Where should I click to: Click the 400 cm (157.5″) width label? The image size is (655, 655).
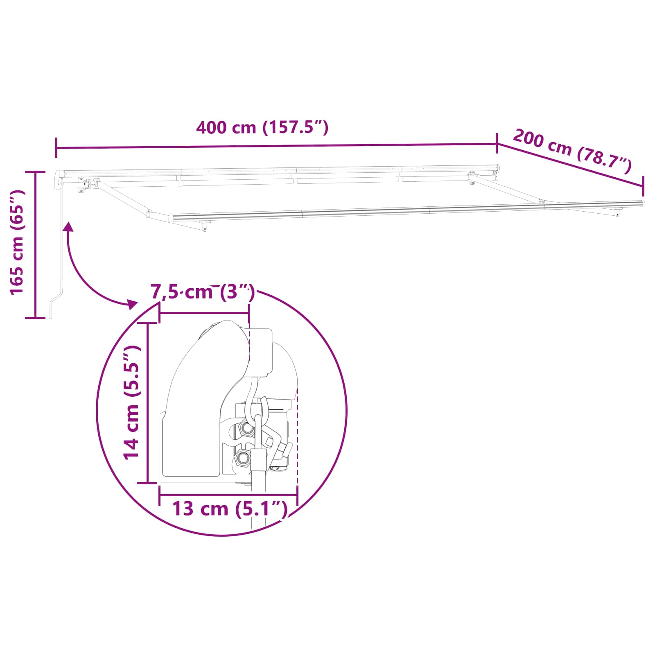pos(262,128)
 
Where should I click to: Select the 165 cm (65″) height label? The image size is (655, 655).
pos(17,242)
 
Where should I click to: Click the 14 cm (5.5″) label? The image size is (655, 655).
pos(132,402)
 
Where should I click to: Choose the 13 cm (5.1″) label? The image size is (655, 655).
pos(230,509)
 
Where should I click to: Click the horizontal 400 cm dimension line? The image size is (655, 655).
pos(276,146)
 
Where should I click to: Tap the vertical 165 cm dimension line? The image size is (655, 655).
pos(36,244)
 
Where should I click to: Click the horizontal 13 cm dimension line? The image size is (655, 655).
pos(228,495)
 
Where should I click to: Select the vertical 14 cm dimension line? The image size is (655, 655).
pos(147,402)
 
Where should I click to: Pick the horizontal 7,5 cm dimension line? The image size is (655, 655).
pos(204,313)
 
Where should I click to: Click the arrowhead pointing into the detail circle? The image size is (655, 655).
pos(132,304)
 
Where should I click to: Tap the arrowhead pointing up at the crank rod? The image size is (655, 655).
pos(68,227)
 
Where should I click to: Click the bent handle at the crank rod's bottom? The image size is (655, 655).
pos(56,301)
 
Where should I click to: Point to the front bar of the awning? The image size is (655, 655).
pos(405,210)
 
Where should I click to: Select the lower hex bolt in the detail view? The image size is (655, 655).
pos(242,457)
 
